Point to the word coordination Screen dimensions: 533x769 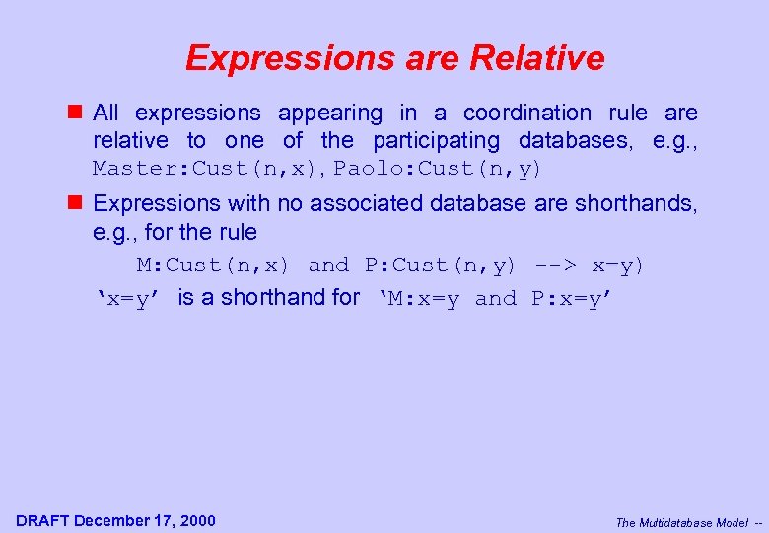click(527, 114)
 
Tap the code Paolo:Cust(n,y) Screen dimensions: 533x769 click(438, 169)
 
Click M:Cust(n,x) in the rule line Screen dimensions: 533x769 click(212, 266)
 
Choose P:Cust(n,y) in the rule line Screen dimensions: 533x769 click(440, 266)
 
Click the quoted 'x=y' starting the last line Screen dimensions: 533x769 click(129, 299)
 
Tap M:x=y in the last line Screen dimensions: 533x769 click(423, 299)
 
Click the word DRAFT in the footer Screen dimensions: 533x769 click(43, 520)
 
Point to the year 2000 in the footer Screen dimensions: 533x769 click(197, 520)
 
